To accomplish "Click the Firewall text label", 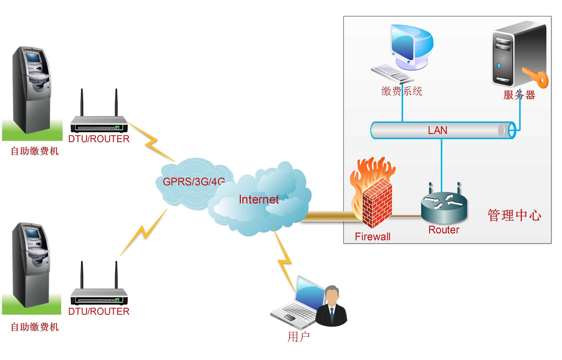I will pyautogui.click(x=373, y=237).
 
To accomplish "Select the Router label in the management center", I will pyautogui.click(x=444, y=230).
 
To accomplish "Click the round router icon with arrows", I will pyautogui.click(x=444, y=205).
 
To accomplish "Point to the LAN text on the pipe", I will pyautogui.click(x=438, y=130).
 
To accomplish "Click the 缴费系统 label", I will pyautogui.click(x=402, y=92).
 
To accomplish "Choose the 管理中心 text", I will pyautogui.click(x=514, y=216).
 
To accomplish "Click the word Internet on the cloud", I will pyautogui.click(x=259, y=199).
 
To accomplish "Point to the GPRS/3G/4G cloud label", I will pyautogui.click(x=193, y=182).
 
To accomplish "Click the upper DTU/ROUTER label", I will pyautogui.click(x=99, y=139).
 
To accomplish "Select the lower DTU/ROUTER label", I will pyautogui.click(x=99, y=311).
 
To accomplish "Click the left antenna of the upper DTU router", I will pyautogui.click(x=82, y=102).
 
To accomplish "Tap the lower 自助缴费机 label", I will pyautogui.click(x=35, y=327).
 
